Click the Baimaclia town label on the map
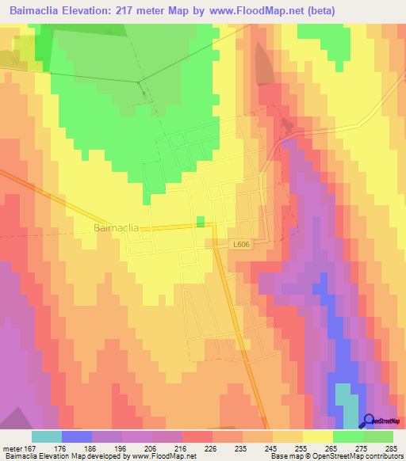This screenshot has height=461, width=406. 117,227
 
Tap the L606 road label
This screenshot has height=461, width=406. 243,246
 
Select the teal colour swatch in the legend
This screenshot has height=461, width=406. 47,436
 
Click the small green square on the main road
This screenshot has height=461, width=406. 201,221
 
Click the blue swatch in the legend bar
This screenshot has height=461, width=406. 77,436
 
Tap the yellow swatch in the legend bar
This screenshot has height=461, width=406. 318,436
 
